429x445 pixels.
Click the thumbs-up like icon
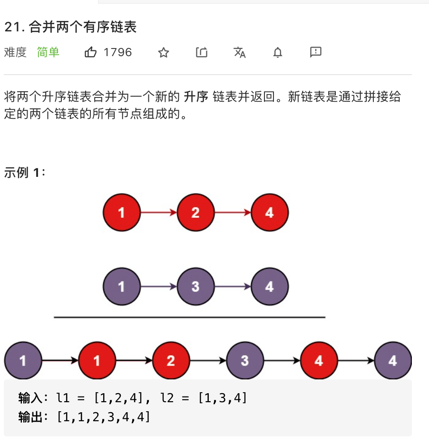[x=91, y=52]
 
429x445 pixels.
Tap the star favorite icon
[x=164, y=52]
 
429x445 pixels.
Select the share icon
[x=202, y=52]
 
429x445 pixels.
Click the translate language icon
[x=240, y=52]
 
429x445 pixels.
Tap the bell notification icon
[x=278, y=52]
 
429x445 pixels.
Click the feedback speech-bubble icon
[x=316, y=52]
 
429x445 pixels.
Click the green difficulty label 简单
[x=48, y=52]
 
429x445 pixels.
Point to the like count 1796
[x=117, y=52]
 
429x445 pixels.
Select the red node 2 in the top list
[x=195, y=212]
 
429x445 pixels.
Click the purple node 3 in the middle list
[x=195, y=287]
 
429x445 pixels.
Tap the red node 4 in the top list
[x=269, y=212]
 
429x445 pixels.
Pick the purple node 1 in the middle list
[x=121, y=287]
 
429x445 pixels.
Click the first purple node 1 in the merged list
[x=23, y=361]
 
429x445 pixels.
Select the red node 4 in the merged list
[x=319, y=361]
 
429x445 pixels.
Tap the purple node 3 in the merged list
[x=245, y=361]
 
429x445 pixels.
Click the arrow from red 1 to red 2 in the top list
[x=158, y=213]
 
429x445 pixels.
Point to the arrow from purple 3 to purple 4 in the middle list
[x=233, y=287]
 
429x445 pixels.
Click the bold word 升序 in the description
[x=196, y=97]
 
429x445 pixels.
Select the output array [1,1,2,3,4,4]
[x=103, y=417]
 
